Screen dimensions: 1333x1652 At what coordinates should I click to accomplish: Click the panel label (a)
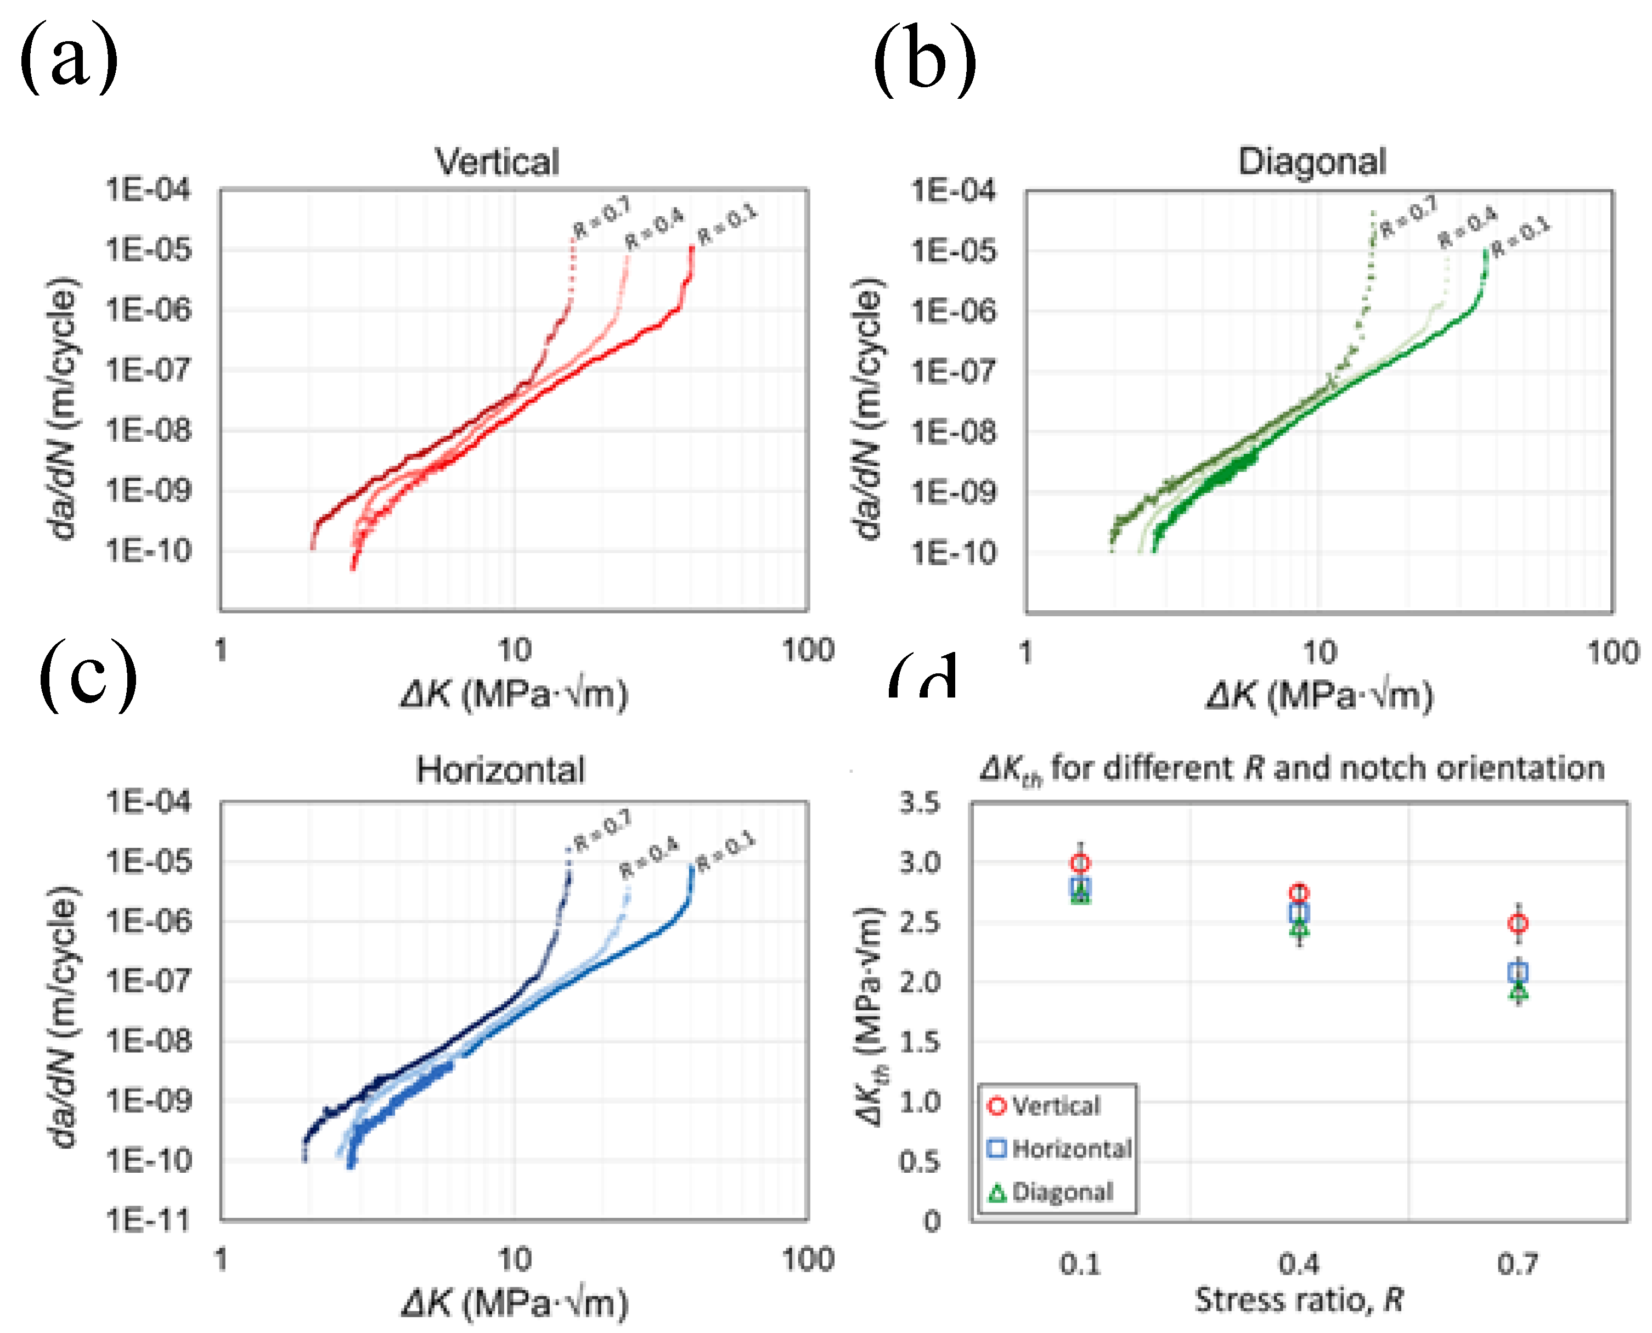[69, 58]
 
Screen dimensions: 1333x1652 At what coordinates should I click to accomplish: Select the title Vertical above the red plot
[498, 162]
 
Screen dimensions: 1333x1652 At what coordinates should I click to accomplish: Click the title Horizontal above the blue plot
[500, 770]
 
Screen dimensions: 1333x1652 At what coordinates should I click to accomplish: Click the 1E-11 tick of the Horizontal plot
[148, 1219]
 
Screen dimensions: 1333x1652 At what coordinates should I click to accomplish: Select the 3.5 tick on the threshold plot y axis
[920, 802]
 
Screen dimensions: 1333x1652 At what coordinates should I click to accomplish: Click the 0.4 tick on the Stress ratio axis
[1299, 1263]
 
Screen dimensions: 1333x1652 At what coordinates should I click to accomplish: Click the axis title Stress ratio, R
[1299, 1301]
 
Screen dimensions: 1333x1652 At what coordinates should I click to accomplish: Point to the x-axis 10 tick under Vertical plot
[514, 650]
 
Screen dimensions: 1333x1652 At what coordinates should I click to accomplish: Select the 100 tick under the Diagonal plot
[1612, 653]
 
